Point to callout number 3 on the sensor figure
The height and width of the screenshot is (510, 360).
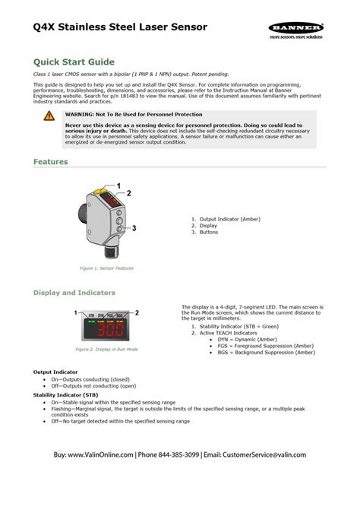[x=134, y=228]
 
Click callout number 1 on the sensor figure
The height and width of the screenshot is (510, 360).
[x=118, y=185]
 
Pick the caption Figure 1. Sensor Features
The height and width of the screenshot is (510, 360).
[x=107, y=268]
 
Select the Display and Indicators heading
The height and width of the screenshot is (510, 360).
[x=74, y=292]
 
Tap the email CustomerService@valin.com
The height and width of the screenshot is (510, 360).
[x=270, y=455]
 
